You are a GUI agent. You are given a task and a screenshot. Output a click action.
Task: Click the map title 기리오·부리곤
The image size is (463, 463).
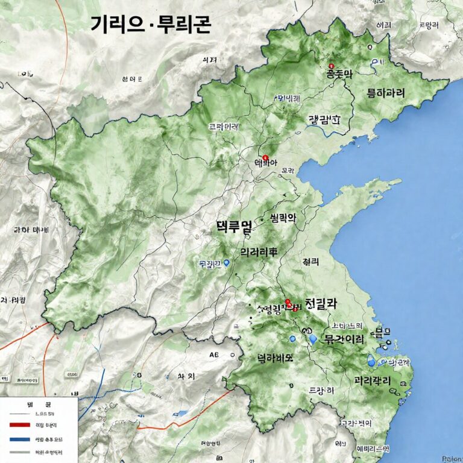[x=150, y=25]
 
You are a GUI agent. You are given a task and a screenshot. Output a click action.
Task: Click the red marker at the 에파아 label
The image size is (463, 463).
[x=265, y=157]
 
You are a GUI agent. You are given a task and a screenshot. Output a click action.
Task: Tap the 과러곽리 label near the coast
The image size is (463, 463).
[x=372, y=381]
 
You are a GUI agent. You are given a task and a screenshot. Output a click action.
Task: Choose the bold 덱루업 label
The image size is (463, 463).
[x=234, y=227]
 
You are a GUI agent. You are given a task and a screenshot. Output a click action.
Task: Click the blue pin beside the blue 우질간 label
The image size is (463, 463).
[x=226, y=263]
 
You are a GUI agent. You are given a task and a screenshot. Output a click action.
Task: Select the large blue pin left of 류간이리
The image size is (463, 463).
[x=312, y=339]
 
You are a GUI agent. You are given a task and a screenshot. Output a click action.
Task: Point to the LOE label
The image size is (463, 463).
[x=25, y=74]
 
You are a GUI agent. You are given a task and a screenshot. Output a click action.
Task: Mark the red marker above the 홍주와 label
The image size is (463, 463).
[x=330, y=66]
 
